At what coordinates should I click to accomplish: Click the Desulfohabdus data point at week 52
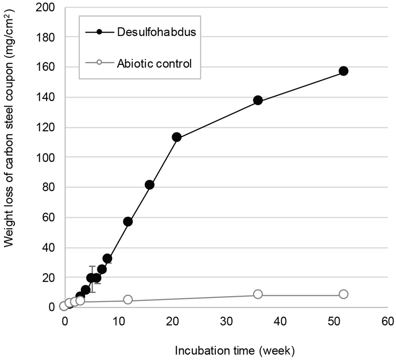coord(344,71)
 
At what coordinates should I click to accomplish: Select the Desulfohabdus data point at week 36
coord(258,100)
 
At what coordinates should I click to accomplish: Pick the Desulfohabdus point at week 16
coord(149,185)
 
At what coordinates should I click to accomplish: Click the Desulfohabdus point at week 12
coord(128,221)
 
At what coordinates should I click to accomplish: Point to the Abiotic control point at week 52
coord(344,294)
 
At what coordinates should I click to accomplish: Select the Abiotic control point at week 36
coord(258,294)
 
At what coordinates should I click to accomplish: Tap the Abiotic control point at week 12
coord(128,300)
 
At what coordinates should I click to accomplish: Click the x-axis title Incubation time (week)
coord(235,351)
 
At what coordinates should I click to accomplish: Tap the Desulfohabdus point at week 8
coord(107,258)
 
